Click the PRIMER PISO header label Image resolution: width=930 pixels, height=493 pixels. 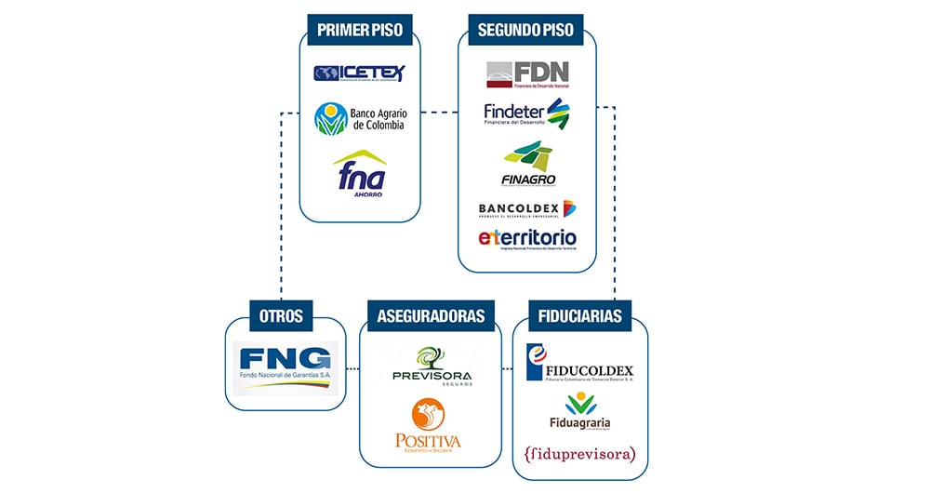click(360, 30)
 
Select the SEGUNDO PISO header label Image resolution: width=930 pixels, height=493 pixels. click(525, 30)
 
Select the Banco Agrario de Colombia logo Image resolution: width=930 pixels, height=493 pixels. click(360, 118)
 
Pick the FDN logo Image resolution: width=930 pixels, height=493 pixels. click(527, 74)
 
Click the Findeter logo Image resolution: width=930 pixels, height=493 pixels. click(526, 114)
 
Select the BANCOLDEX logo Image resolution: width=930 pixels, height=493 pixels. click(526, 208)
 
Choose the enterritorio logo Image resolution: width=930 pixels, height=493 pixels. click(527, 239)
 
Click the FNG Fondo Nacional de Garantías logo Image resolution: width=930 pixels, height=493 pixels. click(285, 366)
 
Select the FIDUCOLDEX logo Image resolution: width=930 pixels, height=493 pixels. click(580, 363)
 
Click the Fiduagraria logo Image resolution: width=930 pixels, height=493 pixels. click(580, 411)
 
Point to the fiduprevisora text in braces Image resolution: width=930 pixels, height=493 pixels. click(580, 455)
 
